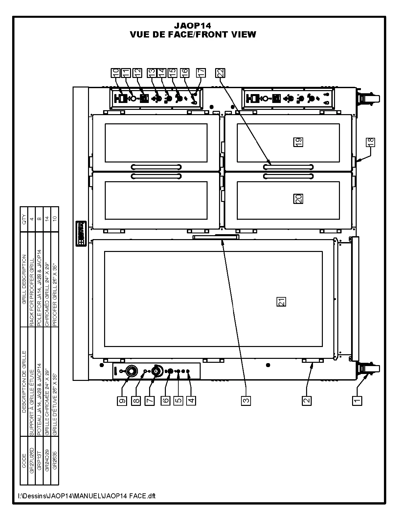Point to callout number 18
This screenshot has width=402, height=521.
pos(370,142)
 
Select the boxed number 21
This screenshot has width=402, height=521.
pos(281,302)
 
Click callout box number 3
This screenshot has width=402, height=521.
pos(246,400)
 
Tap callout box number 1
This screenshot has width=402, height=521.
pos(357,400)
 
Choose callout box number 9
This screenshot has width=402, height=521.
pos(122,400)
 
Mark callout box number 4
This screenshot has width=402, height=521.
pos(191,400)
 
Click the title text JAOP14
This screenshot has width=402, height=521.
pos(192,26)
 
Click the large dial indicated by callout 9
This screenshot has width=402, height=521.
pos(131,371)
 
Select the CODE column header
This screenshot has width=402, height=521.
pos(24,461)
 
